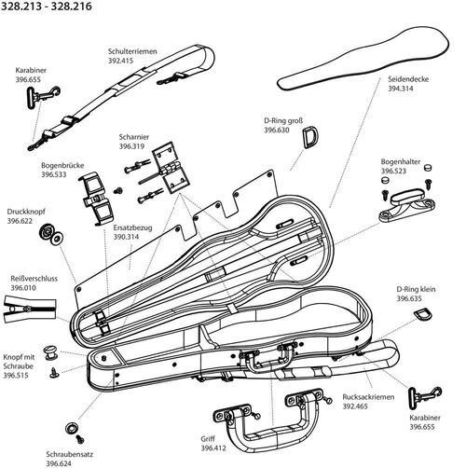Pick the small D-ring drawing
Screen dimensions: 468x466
tap(423, 318)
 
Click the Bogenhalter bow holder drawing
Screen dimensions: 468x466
tap(406, 203)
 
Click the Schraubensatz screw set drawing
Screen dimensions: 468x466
tap(72, 427)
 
